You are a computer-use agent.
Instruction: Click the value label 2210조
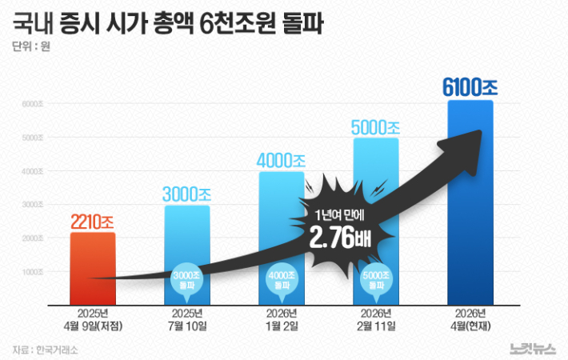(92, 222)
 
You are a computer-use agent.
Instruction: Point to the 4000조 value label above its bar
(281, 161)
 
